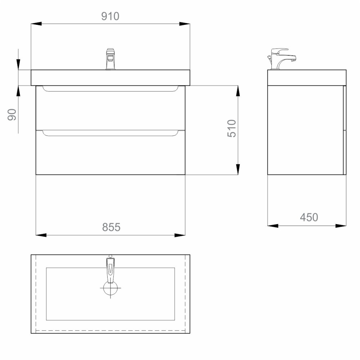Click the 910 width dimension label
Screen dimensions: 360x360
coord(110,16)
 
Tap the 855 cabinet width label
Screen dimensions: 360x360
coord(111,227)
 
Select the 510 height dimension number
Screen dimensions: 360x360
coord(231,128)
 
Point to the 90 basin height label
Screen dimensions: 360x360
coord(12,115)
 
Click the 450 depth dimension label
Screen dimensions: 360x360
coord(309,217)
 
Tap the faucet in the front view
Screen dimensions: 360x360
coord(111,59)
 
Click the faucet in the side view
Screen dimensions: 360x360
coord(282,59)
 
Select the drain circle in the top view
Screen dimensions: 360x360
coord(111,288)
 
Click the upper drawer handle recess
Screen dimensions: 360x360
coord(111,89)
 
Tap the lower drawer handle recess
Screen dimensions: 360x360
coord(111,133)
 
